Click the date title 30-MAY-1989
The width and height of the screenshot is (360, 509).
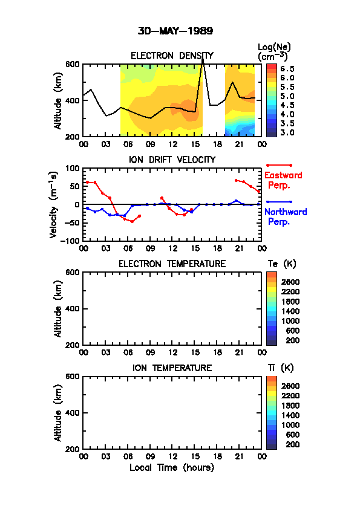click(175, 31)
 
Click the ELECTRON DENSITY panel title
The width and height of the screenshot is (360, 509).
click(172, 56)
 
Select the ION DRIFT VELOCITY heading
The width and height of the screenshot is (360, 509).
click(172, 160)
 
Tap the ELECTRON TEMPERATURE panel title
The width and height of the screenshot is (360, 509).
click(172, 264)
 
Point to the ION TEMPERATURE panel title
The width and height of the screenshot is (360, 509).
click(172, 368)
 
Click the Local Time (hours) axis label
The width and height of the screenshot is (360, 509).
click(172, 467)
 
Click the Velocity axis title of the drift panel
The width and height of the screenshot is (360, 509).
click(54, 205)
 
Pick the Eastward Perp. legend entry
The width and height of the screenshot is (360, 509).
click(283, 180)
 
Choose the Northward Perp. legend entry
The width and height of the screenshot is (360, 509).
click(286, 216)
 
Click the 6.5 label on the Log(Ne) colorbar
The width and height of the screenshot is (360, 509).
click(287, 68)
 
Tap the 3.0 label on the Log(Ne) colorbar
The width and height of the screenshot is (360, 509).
click(287, 132)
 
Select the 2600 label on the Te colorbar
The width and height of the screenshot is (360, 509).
click(290, 282)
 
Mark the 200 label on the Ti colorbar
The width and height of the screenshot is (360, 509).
click(292, 444)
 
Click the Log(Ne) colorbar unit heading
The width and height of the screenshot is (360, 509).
click(274, 52)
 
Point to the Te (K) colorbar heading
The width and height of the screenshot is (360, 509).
click(282, 264)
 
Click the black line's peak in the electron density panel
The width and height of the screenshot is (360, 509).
click(203, 59)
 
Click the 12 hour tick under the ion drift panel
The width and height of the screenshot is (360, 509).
click(173, 248)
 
